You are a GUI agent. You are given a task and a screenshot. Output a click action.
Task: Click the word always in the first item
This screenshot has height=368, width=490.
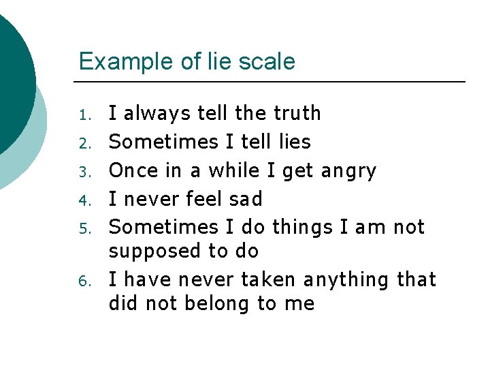(157, 113)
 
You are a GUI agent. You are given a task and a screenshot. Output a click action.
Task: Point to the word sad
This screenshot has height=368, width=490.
(245, 199)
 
